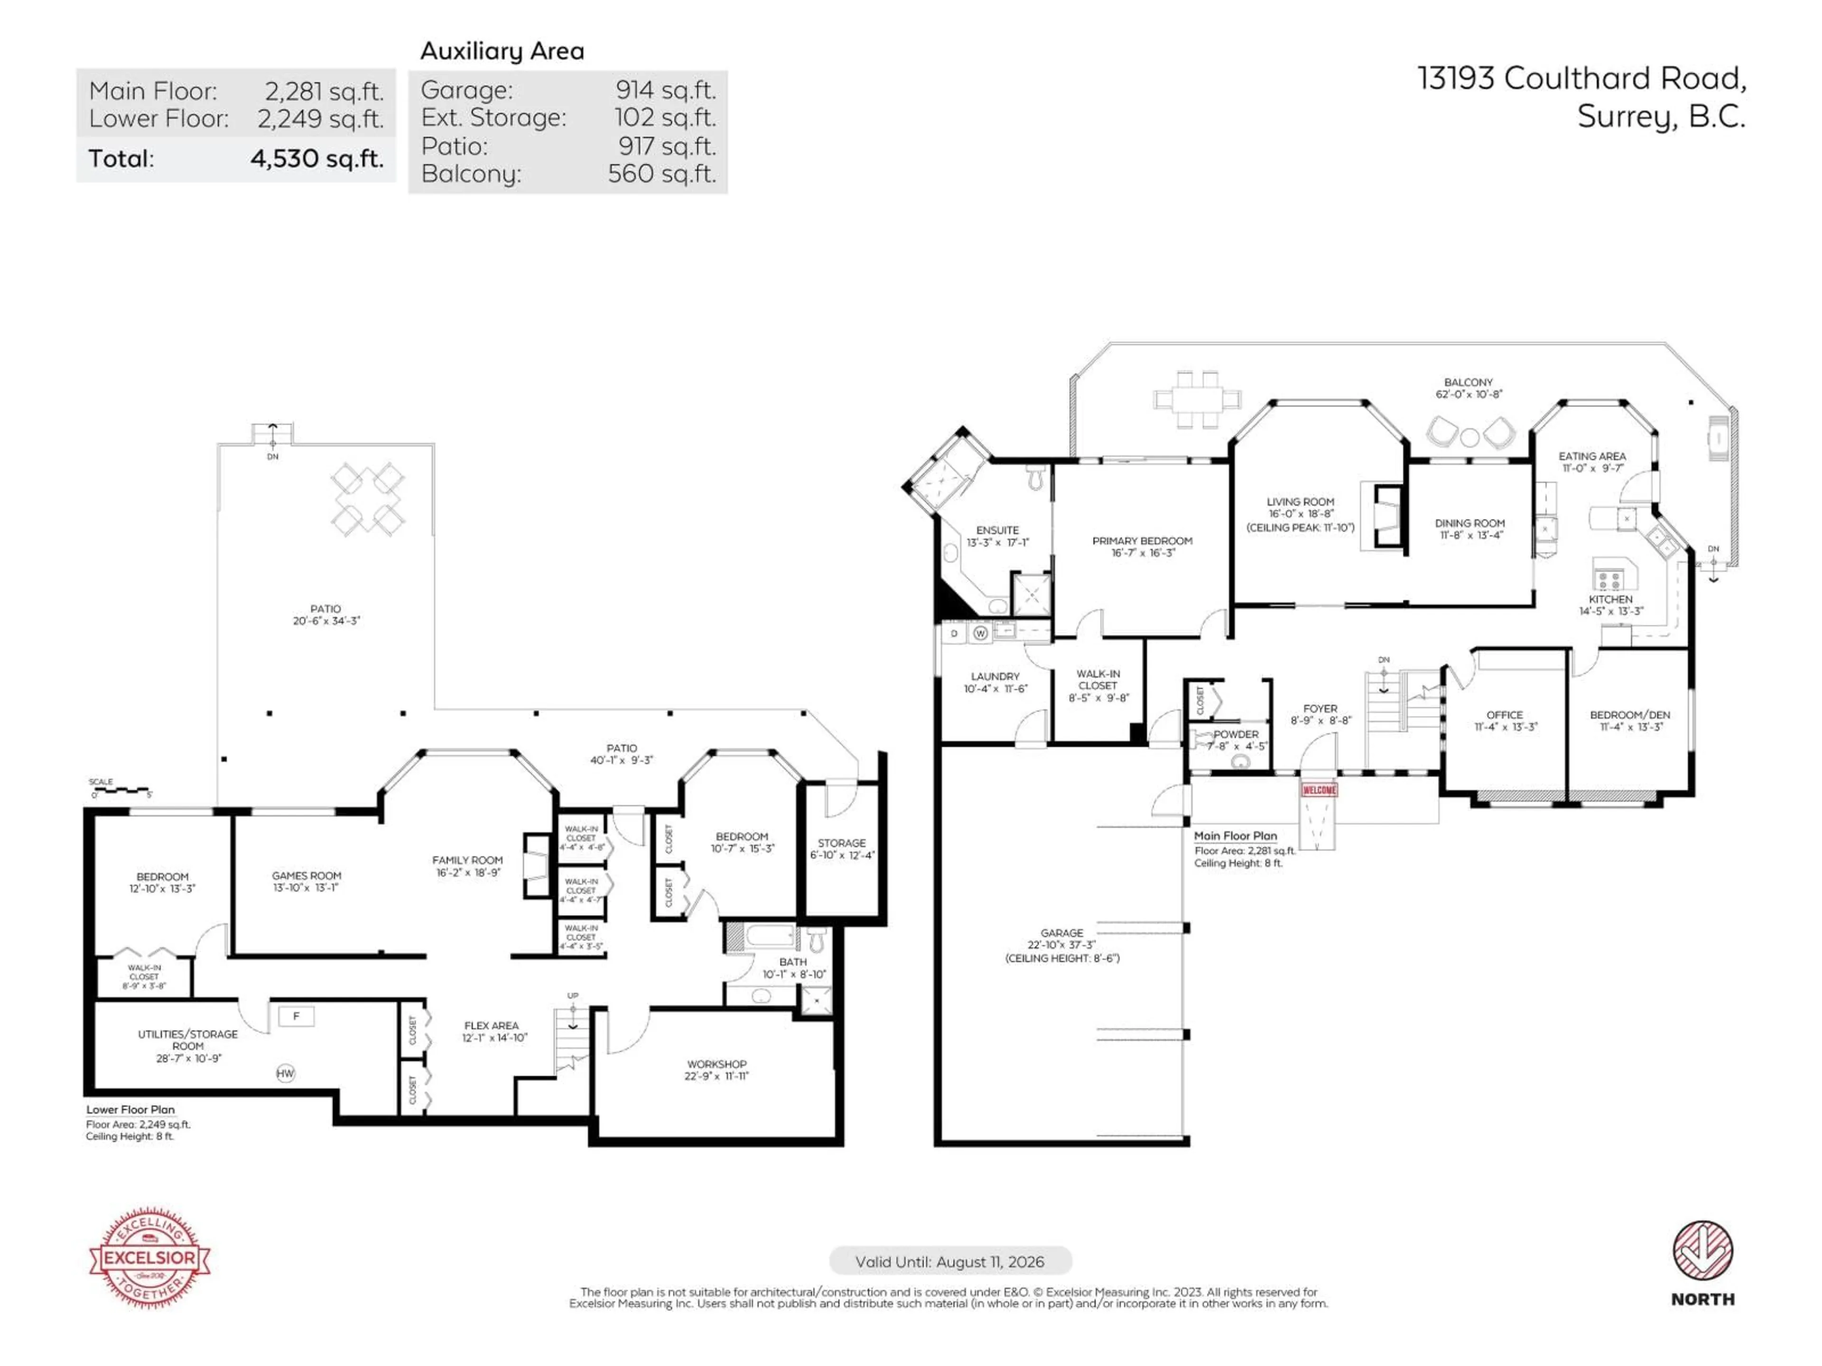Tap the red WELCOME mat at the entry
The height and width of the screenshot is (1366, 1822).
[x=1318, y=790]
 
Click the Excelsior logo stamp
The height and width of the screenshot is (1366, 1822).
[x=149, y=1257]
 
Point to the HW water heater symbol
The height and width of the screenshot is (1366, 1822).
[x=285, y=1073]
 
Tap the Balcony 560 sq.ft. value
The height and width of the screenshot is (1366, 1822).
[x=661, y=174]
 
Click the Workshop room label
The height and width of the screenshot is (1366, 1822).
[x=716, y=1070]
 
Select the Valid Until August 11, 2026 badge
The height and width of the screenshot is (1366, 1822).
[x=950, y=1262]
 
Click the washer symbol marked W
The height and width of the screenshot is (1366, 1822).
[x=980, y=633]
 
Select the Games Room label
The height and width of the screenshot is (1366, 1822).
[x=307, y=881]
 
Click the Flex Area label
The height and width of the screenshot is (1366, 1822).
[x=492, y=1031]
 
